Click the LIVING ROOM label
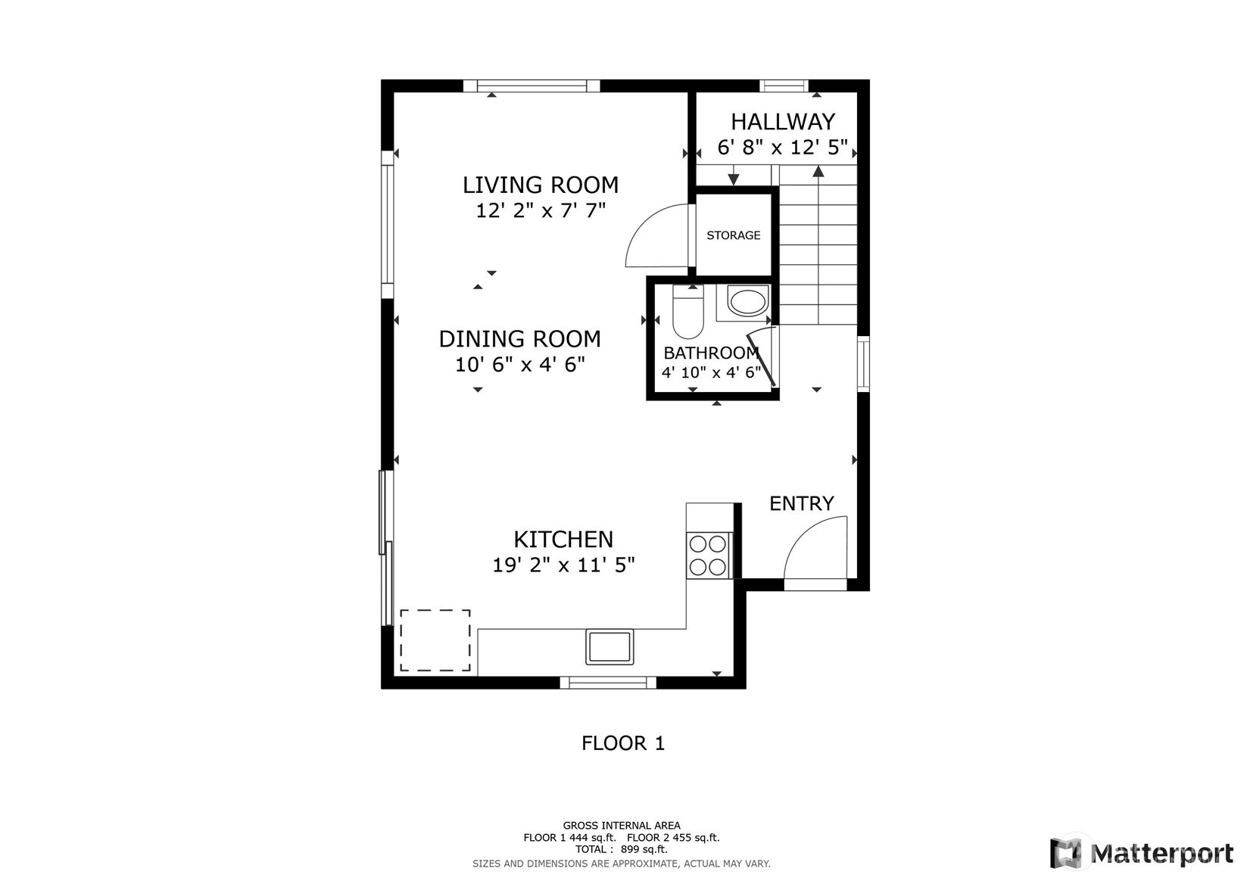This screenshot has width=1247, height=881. tap(541, 185)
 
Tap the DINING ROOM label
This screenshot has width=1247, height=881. tap(520, 339)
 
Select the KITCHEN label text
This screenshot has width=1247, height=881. tap(563, 540)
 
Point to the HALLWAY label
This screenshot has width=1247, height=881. tap(783, 121)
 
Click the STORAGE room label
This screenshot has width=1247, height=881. tap(733, 235)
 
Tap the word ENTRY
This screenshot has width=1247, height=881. tap(802, 503)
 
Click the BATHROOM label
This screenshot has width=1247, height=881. tap(711, 353)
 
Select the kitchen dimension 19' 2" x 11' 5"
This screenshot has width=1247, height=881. tap(563, 565)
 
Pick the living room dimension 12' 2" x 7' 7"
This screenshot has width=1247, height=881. tap(541, 210)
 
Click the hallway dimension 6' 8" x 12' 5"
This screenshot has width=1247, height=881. tap(783, 148)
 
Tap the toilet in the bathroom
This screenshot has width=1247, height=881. tap(688, 312)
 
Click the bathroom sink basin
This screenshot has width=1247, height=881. tap(747, 302)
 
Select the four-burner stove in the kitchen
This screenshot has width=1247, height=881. tap(709, 556)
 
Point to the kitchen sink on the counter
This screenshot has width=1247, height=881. tap(609, 646)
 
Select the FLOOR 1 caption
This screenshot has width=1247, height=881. tap(623, 743)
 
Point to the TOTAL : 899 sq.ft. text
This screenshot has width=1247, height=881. tap(622, 848)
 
